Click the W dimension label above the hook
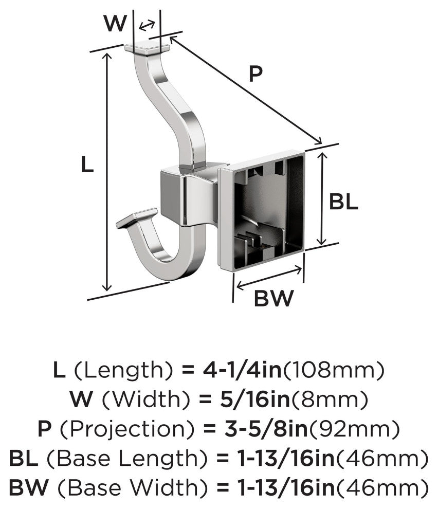tap(115, 23)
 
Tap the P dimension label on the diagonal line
tap(255, 74)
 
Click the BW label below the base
tap(273, 298)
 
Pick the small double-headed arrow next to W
tap(147, 25)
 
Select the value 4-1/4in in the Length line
tap(242, 370)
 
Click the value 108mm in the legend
tap(334, 370)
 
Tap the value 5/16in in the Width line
tap(255, 399)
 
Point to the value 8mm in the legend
tap(330, 399)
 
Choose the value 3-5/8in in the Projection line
tap(266, 428)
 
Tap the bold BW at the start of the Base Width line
tap(29, 487)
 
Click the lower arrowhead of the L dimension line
tap(106, 287)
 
